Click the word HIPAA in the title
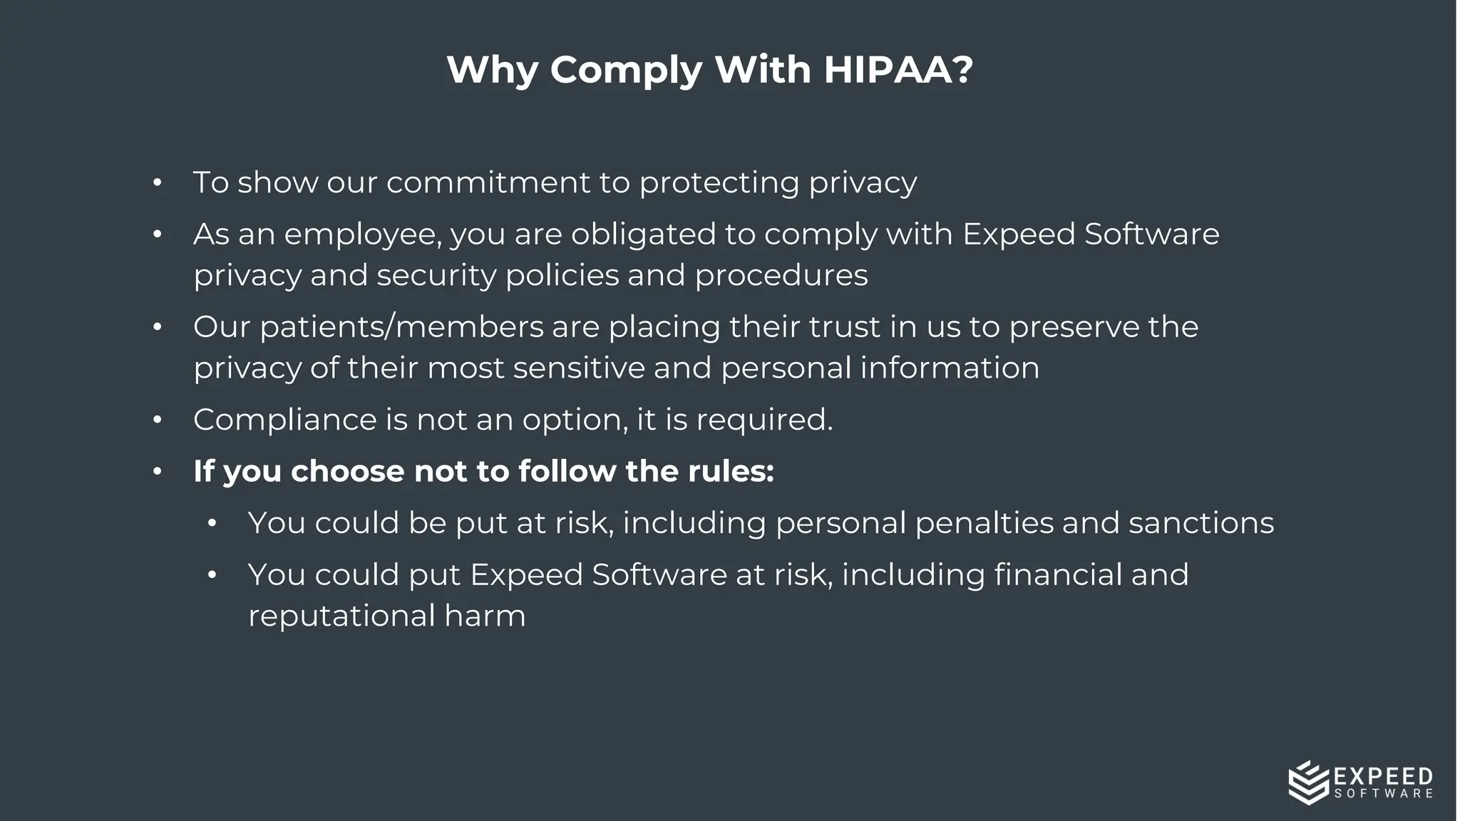coord(898,70)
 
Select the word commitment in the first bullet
coord(488,182)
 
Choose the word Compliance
coord(284,420)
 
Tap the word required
coord(764,420)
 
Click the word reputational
coord(341,616)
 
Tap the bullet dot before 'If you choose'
coord(158,472)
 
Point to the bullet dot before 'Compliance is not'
coord(158,420)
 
